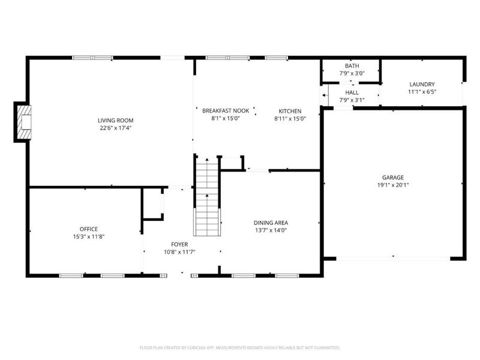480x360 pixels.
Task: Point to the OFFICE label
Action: click(88, 229)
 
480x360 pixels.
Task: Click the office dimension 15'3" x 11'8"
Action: click(88, 236)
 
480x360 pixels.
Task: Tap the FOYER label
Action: click(179, 244)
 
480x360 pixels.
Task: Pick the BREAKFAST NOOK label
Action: click(225, 110)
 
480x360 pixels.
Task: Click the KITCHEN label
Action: click(290, 110)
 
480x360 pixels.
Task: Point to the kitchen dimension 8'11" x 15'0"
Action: click(290, 118)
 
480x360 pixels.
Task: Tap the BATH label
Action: click(351, 65)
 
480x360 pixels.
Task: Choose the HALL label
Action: click(352, 92)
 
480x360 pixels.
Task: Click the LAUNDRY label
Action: click(422, 84)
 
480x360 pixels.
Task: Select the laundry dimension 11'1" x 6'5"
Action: click(422, 92)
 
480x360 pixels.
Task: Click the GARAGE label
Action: click(393, 177)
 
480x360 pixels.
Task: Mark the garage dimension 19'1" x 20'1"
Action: click(393, 185)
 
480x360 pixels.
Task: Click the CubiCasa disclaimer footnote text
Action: click(240, 347)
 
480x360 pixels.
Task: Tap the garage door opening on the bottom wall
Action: click(392, 258)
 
